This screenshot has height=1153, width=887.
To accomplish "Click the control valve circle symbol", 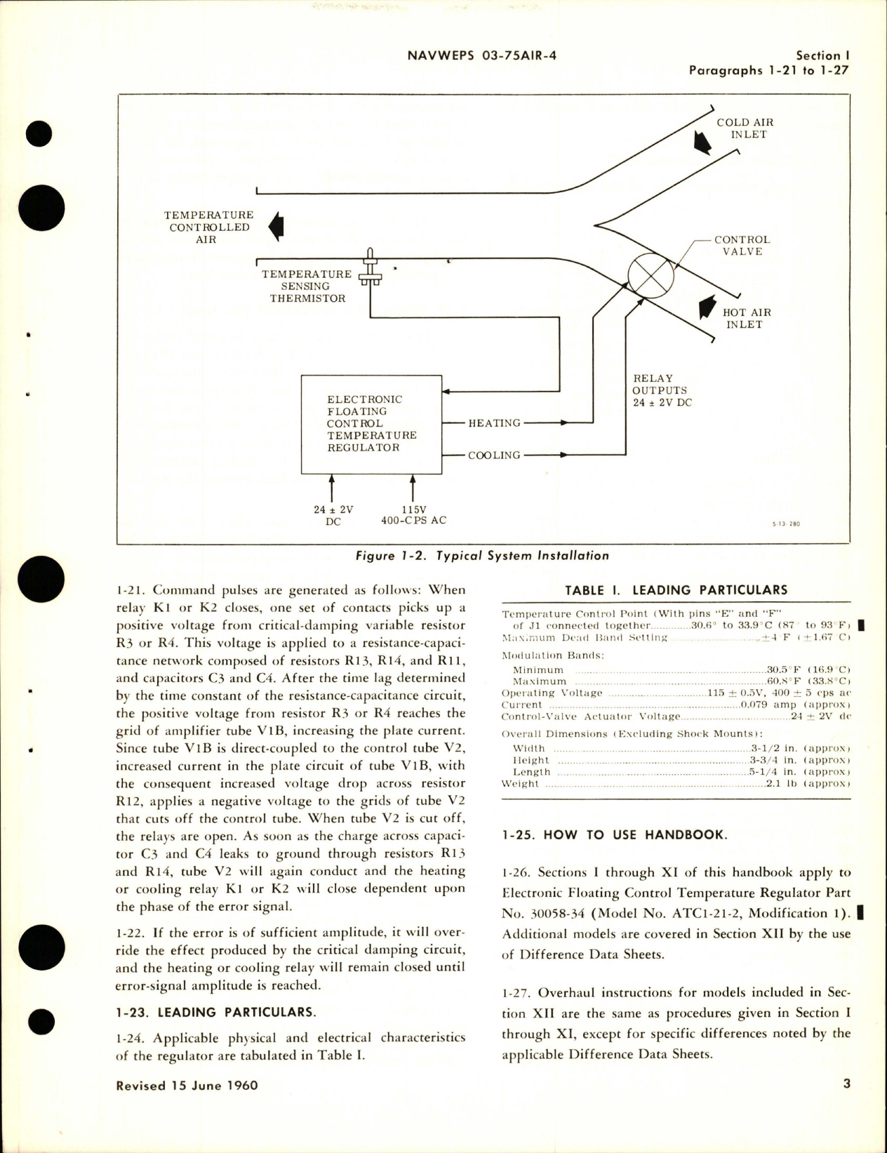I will pyautogui.click(x=651, y=274).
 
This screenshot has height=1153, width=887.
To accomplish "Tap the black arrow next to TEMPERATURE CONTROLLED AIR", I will pyautogui.click(x=276, y=227).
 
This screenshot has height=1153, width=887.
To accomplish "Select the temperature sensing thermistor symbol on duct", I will pyautogui.click(x=370, y=274).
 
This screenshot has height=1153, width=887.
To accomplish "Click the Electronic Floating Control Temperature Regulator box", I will pyautogui.click(x=371, y=424).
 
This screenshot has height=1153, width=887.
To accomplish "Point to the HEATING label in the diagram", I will pyautogui.click(x=494, y=423).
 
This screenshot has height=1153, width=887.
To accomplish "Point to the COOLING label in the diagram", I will pyautogui.click(x=494, y=455).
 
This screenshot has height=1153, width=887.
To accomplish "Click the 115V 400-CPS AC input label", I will pyautogui.click(x=413, y=514).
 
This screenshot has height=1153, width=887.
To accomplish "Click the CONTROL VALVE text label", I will pyautogui.click(x=742, y=245).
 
